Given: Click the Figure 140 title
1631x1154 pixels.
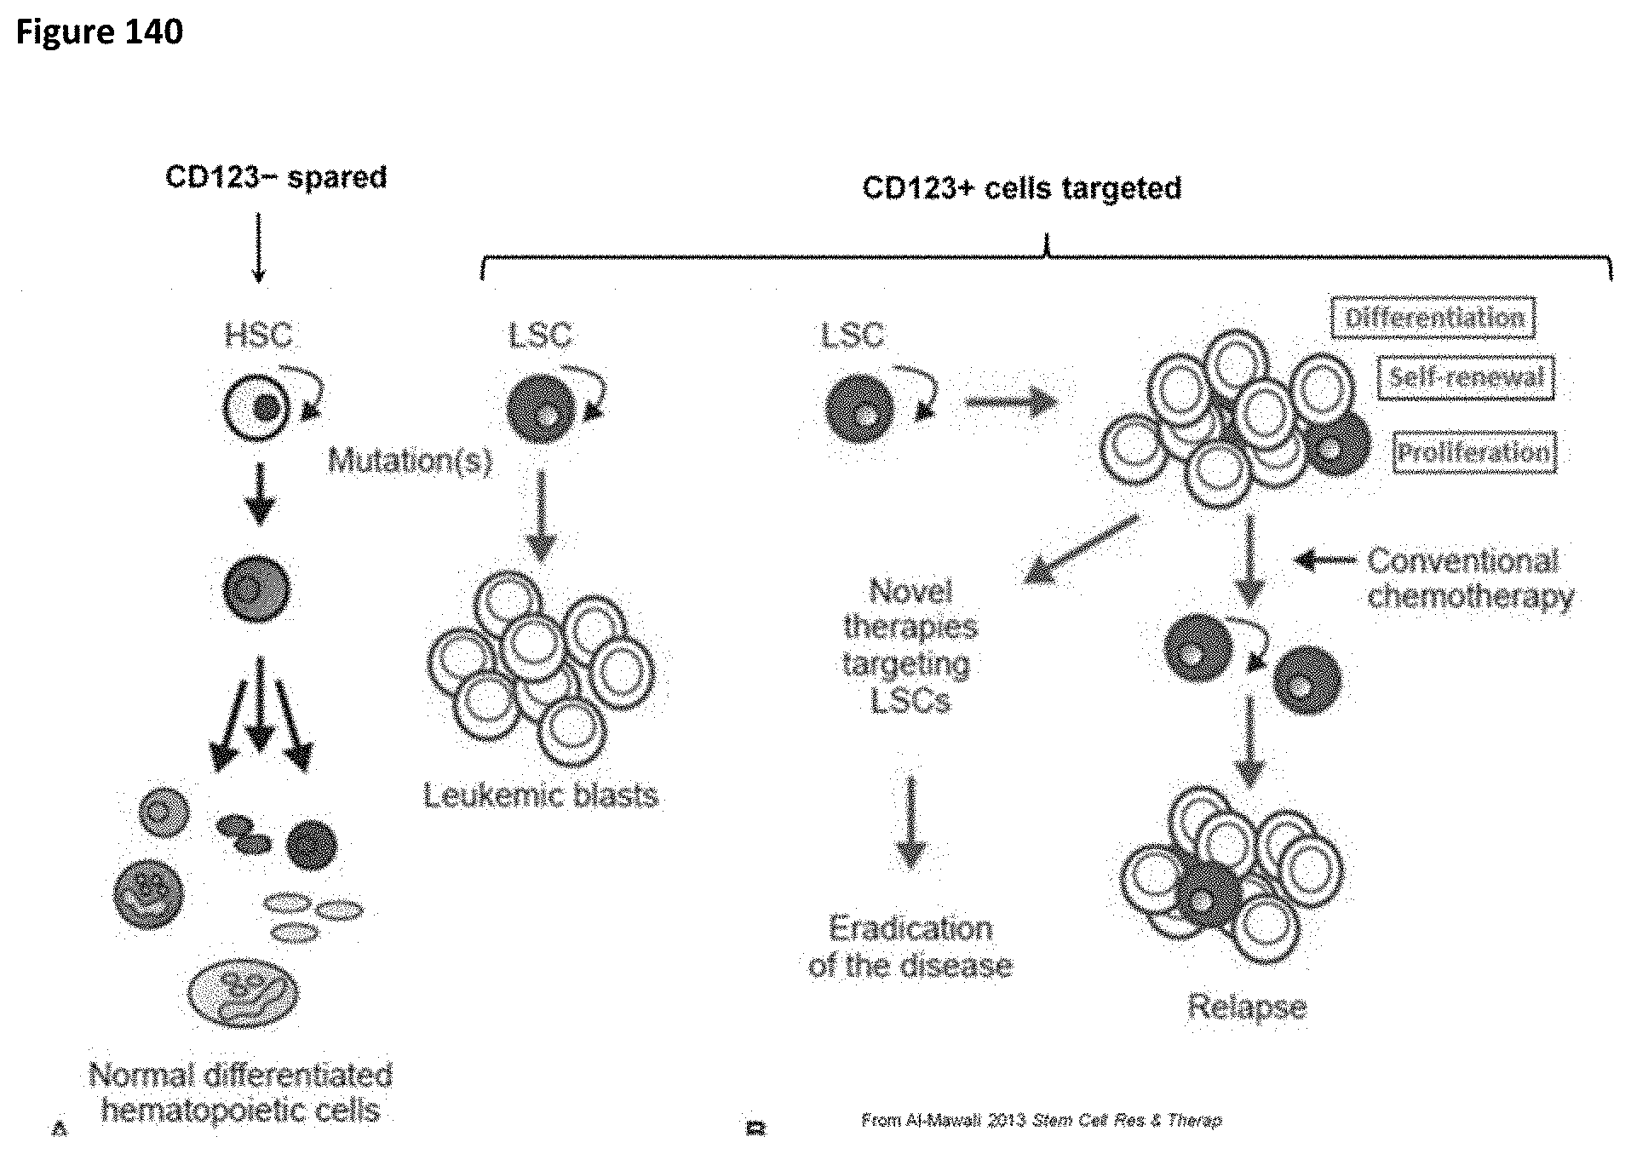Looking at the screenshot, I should coord(99,32).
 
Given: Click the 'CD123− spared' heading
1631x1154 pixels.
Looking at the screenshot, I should coord(276,177).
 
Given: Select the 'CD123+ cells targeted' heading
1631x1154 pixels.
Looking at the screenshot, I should coord(1021,187).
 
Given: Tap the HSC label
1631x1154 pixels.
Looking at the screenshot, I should coord(258,335).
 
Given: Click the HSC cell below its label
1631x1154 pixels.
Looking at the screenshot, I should coord(258,409).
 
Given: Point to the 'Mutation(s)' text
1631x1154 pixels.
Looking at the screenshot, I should coord(410,461).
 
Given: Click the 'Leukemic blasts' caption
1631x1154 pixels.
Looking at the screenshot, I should coord(541,795).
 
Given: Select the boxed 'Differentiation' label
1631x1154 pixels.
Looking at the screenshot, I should coord(1433,318).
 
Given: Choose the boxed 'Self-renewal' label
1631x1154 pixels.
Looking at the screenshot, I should coord(1465,377).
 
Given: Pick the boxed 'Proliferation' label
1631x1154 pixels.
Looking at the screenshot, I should coord(1473,451).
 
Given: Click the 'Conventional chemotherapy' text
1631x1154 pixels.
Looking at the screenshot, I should coord(1470,578).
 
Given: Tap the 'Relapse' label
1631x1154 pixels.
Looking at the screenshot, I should coord(1246,1007).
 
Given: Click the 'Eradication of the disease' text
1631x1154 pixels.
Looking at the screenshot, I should coord(910,946).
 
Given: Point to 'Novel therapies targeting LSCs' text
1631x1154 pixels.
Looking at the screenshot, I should coord(910,645).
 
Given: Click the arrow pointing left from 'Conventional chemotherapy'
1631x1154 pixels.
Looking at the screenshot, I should coord(1325,560).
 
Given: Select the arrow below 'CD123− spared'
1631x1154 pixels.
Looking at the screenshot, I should coord(258,247).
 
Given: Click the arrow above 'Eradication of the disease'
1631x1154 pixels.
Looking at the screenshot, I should coord(911,822).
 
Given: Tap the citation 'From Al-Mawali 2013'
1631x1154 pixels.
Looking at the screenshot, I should coord(1041,1120).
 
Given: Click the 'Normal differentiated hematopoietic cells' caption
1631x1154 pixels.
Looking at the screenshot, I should coord(240,1093).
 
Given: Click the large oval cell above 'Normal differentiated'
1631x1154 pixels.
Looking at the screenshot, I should coord(243,992).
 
